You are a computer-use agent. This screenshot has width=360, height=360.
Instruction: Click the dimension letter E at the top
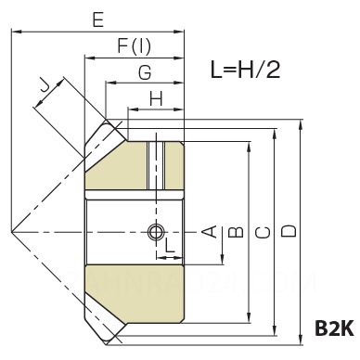click(x=98, y=20)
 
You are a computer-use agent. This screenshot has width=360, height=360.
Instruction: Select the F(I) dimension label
click(x=135, y=46)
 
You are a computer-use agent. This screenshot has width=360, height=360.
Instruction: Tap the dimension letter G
click(x=145, y=72)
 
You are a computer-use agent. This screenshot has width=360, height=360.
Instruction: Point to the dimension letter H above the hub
click(x=156, y=99)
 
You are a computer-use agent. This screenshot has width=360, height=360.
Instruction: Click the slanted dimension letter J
click(x=45, y=87)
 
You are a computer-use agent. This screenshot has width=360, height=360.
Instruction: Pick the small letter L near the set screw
click(x=170, y=245)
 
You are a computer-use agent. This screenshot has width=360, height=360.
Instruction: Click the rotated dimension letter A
click(x=210, y=232)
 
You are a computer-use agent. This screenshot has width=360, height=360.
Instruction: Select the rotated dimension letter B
click(x=236, y=232)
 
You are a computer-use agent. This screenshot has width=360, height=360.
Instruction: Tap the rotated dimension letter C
click(x=264, y=232)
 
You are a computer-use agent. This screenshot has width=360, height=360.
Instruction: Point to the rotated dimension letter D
click(x=289, y=231)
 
